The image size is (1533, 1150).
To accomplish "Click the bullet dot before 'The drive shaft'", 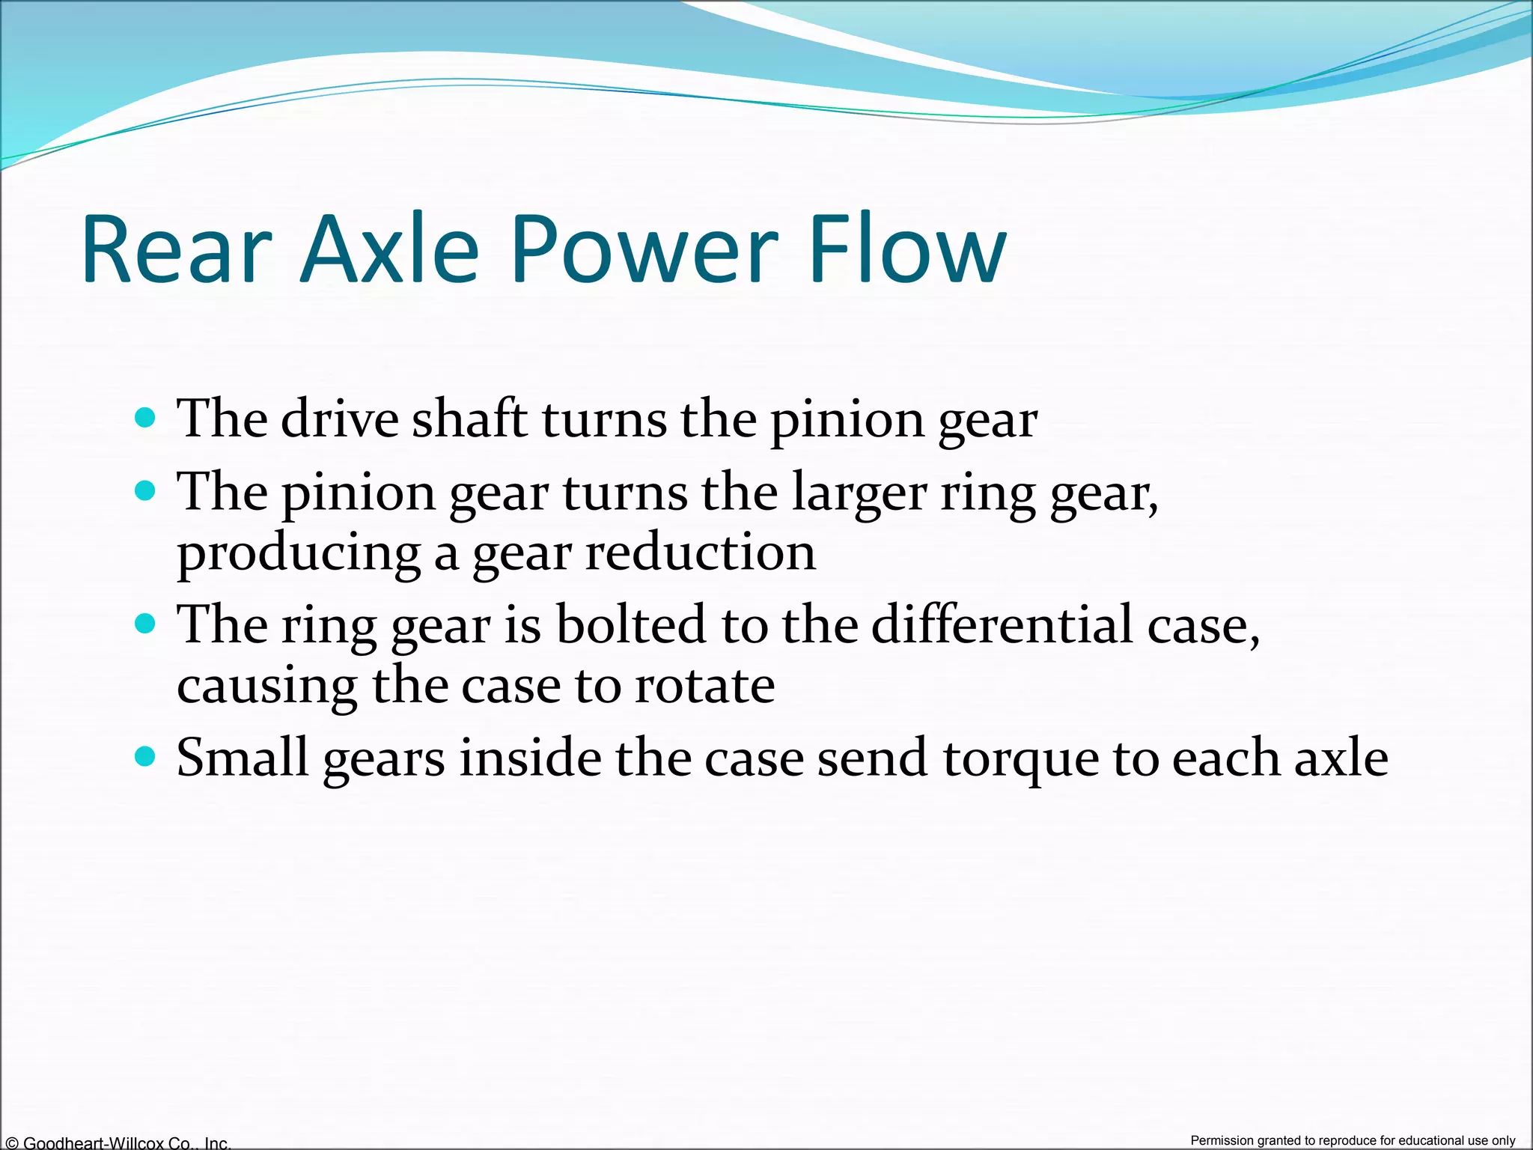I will (x=145, y=417).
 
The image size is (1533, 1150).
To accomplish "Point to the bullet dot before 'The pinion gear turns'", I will (x=145, y=491).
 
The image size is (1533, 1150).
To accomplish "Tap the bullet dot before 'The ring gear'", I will (x=145, y=623).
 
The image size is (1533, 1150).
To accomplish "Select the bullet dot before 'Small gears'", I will (x=145, y=756).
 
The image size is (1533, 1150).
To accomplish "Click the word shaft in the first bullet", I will (x=469, y=419).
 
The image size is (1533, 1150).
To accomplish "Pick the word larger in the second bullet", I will (x=859, y=493).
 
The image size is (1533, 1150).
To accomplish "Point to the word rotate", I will (x=704, y=685).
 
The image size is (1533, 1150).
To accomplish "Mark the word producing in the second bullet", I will (x=299, y=554).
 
